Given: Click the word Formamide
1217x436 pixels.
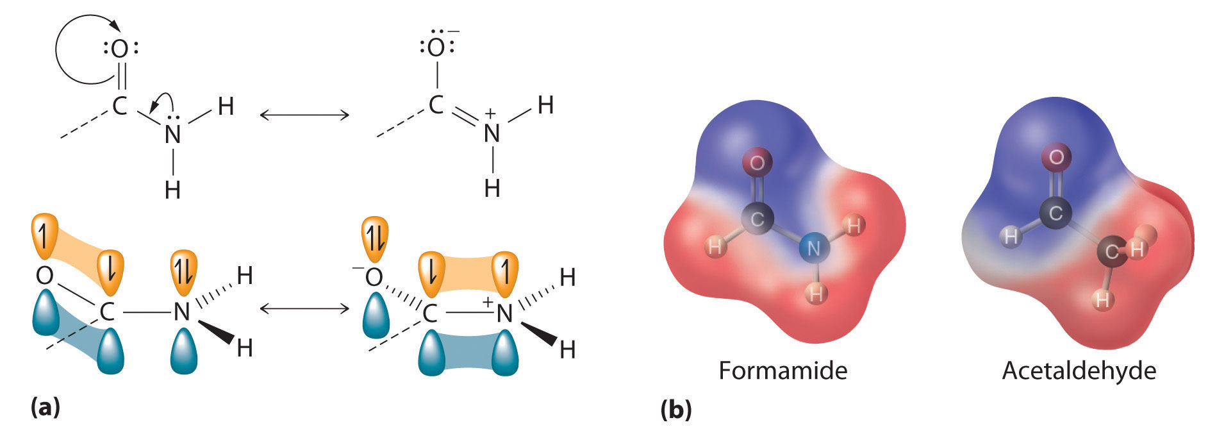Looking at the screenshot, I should point(782,371).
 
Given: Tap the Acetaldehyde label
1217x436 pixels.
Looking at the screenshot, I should point(1079,371).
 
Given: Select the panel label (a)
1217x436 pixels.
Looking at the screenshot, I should point(45,407).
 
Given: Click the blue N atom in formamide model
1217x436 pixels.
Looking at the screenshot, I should point(813,247).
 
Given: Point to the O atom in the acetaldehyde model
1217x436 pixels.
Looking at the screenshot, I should point(1056,156).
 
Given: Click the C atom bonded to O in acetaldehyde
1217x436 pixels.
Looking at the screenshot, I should point(1055,212).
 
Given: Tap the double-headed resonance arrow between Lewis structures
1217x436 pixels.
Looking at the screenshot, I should point(304,115).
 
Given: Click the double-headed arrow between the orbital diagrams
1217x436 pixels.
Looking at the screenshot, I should point(304,308).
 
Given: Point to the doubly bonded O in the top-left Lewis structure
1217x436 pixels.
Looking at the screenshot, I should point(120,49).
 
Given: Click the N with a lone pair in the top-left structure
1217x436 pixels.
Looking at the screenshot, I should point(172,133).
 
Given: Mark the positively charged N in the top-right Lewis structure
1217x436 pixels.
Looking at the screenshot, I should point(492,133).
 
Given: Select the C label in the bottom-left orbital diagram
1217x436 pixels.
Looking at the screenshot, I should point(106,312).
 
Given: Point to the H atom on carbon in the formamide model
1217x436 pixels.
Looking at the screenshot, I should point(715,246).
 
